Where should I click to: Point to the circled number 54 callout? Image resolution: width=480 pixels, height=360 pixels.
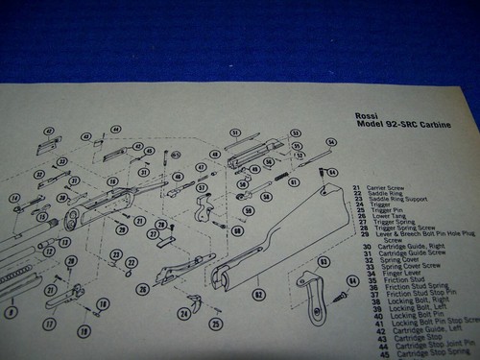[x=331, y=142]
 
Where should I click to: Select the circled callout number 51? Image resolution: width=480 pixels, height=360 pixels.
[x=234, y=132]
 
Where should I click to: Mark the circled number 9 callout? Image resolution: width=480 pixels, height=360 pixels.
[x=11, y=312]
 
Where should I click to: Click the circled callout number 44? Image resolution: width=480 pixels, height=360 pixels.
[x=115, y=129]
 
